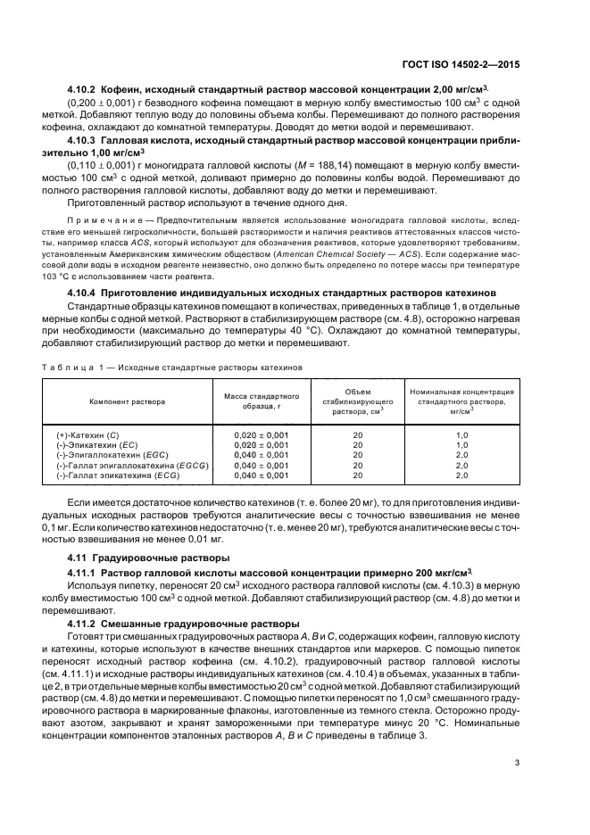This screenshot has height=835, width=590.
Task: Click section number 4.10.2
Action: [x=87, y=91]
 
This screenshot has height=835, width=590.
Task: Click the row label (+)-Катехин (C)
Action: [x=85, y=434]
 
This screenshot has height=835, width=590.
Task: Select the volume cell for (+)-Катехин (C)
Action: [x=357, y=434]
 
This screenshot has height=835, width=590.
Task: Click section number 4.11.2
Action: [x=87, y=622]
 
